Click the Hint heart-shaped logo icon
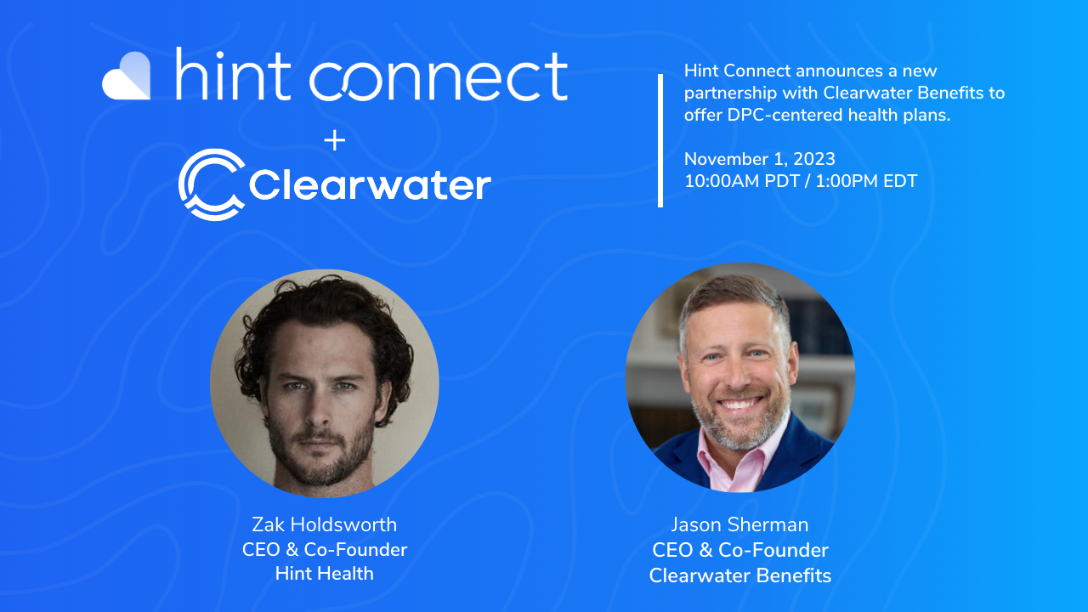[127, 76]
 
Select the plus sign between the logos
[335, 141]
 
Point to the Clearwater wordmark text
[371, 185]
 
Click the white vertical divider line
[660, 140]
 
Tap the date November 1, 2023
[759, 159]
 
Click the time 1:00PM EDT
[866, 181]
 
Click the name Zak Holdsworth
[324, 524]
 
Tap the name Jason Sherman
[739, 525]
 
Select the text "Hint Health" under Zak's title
[324, 574]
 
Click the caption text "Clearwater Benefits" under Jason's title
[739, 575]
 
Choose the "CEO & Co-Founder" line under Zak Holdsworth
[324, 549]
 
